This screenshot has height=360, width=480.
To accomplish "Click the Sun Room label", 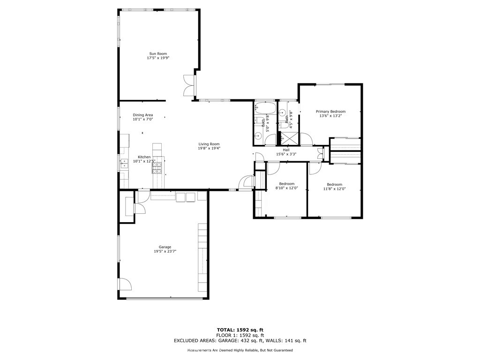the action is click(x=158, y=53).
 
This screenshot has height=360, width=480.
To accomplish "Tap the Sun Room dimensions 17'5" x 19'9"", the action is click(x=158, y=58).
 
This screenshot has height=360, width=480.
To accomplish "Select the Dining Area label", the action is click(x=142, y=115).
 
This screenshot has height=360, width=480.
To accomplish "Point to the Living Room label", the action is click(x=209, y=144).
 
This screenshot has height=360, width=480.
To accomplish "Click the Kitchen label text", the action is click(x=144, y=157).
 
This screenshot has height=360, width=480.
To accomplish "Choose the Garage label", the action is click(x=165, y=247).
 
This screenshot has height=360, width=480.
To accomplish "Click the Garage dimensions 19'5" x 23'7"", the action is click(x=165, y=251).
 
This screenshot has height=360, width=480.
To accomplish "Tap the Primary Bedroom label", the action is click(x=330, y=112).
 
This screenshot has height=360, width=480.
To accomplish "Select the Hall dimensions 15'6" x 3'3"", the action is click(x=286, y=154).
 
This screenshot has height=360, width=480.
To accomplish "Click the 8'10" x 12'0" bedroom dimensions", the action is click(x=287, y=188).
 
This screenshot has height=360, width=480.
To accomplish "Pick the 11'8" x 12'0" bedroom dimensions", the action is click(x=335, y=188).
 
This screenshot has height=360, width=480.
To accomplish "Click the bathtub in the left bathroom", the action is click(x=265, y=108).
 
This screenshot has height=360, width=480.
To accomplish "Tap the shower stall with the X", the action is click(x=289, y=138).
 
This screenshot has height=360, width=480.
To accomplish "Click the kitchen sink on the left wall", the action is click(x=124, y=164).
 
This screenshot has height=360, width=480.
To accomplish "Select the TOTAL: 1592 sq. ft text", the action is click(x=240, y=330).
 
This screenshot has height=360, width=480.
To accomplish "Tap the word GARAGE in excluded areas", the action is click(x=227, y=340).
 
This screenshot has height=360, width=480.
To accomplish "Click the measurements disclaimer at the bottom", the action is click(x=240, y=350).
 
